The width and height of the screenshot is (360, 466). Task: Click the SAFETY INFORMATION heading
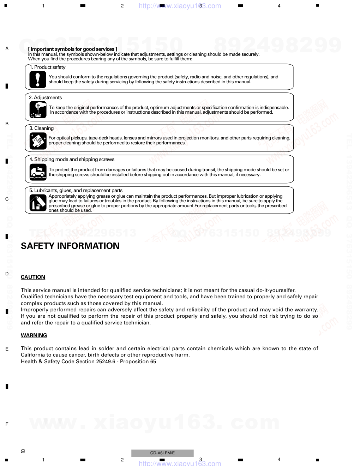pos(70,246)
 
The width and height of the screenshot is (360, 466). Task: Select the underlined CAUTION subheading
pos(33,277)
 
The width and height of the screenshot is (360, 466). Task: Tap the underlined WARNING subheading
pos(34,335)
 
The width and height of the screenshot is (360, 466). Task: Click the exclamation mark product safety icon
pos(38,79)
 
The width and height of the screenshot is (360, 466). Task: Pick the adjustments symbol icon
pos(38,110)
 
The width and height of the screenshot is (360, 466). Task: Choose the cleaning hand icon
pos(38,141)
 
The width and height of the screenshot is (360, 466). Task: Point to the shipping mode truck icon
pos(38,172)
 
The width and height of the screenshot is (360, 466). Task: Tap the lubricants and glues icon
pos(38,203)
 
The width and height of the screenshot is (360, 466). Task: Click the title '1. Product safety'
pos(47,67)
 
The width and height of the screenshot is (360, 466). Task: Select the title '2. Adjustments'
pos(45,98)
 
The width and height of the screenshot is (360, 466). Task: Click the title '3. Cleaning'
pos(42,129)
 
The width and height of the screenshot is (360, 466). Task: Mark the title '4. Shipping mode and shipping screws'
pos(72,160)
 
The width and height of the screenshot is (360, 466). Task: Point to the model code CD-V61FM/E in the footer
pos(162,453)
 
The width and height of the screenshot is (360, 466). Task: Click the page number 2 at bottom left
pos(23,451)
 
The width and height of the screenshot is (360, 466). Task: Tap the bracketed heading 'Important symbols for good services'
pos(72,49)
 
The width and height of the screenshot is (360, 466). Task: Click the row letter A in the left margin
pos(7,49)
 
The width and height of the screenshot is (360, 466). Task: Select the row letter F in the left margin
pos(7,424)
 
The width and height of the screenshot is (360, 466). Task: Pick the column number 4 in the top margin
pos(279,6)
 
